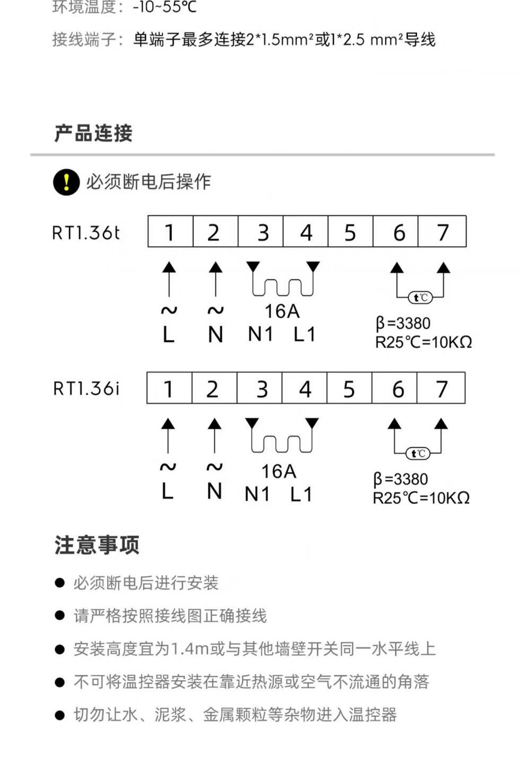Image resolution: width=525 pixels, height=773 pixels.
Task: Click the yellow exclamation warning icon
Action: coord(66,182)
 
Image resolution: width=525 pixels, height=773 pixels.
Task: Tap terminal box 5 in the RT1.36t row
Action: coord(350,232)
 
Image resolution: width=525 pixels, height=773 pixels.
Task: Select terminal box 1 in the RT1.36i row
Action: coord(169,388)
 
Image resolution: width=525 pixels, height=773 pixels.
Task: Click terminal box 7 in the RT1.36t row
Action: coord(443,232)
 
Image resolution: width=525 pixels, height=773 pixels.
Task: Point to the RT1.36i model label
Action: coord(86,389)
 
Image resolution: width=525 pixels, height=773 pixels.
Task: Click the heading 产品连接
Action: coord(93,133)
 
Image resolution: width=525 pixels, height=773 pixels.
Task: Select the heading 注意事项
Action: coord(97,545)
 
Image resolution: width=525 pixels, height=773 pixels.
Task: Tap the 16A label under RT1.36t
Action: coord(282,311)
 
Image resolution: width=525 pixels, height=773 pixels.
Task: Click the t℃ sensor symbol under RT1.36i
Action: coord(418,454)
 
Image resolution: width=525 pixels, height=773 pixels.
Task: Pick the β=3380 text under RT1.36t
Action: coord(403,323)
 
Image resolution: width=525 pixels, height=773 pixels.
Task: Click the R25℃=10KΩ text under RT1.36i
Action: coord(421,498)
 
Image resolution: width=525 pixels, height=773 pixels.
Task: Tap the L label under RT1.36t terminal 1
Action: coord(169,335)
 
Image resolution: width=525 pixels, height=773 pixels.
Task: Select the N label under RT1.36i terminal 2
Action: coord(214,491)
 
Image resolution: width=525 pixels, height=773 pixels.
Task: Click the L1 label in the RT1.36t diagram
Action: coord(304,334)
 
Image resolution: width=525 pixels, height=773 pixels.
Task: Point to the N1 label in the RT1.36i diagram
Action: coord(257,494)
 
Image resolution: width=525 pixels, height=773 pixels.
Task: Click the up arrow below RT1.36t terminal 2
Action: coord(215,279)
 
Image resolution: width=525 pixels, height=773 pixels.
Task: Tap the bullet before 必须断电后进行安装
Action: coord(60,583)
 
